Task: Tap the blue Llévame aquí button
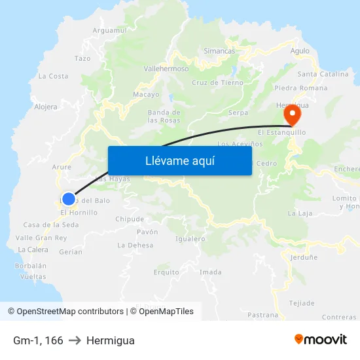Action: [x=179, y=160]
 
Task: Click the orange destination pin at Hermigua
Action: [x=291, y=116]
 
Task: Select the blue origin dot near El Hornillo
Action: [x=68, y=198]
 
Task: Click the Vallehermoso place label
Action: [x=166, y=68]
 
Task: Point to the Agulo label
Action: [x=300, y=50]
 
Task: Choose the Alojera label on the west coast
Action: [x=46, y=107]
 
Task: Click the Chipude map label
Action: [x=130, y=219]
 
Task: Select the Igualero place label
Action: [x=190, y=238]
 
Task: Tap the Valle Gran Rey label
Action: [x=41, y=238]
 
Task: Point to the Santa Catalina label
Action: [x=323, y=74]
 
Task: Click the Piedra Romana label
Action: [x=301, y=88]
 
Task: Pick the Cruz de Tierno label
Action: [x=217, y=82]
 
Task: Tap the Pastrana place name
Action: [x=263, y=315]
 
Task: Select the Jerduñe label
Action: [x=304, y=257]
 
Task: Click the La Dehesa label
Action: [x=135, y=245]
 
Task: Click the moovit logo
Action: [x=320, y=340]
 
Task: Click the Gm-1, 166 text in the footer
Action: [x=38, y=340]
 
